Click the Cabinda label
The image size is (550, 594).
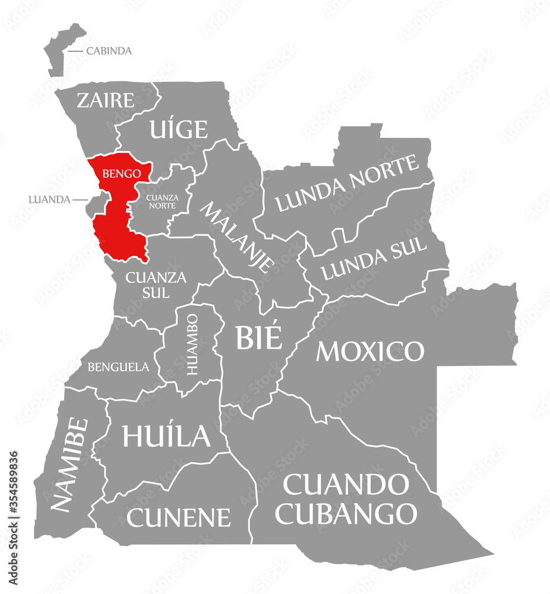pos(109,51)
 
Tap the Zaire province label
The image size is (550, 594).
pos(106,100)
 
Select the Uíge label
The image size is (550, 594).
pos(179,128)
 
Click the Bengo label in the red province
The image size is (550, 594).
pos(121,174)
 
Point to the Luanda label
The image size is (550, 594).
pos(49,200)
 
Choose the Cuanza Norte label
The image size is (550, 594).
pos(162,200)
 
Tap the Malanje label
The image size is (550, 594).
pos(238,236)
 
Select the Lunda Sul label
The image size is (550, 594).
pos(374,260)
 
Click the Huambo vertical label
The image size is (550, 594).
pos(193,345)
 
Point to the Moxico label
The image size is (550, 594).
pos(370,352)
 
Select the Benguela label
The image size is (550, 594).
pos(118,367)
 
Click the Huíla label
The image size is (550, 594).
pos(166,435)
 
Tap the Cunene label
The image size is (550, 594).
pos(178,517)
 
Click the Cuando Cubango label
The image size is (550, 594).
pos(346,499)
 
